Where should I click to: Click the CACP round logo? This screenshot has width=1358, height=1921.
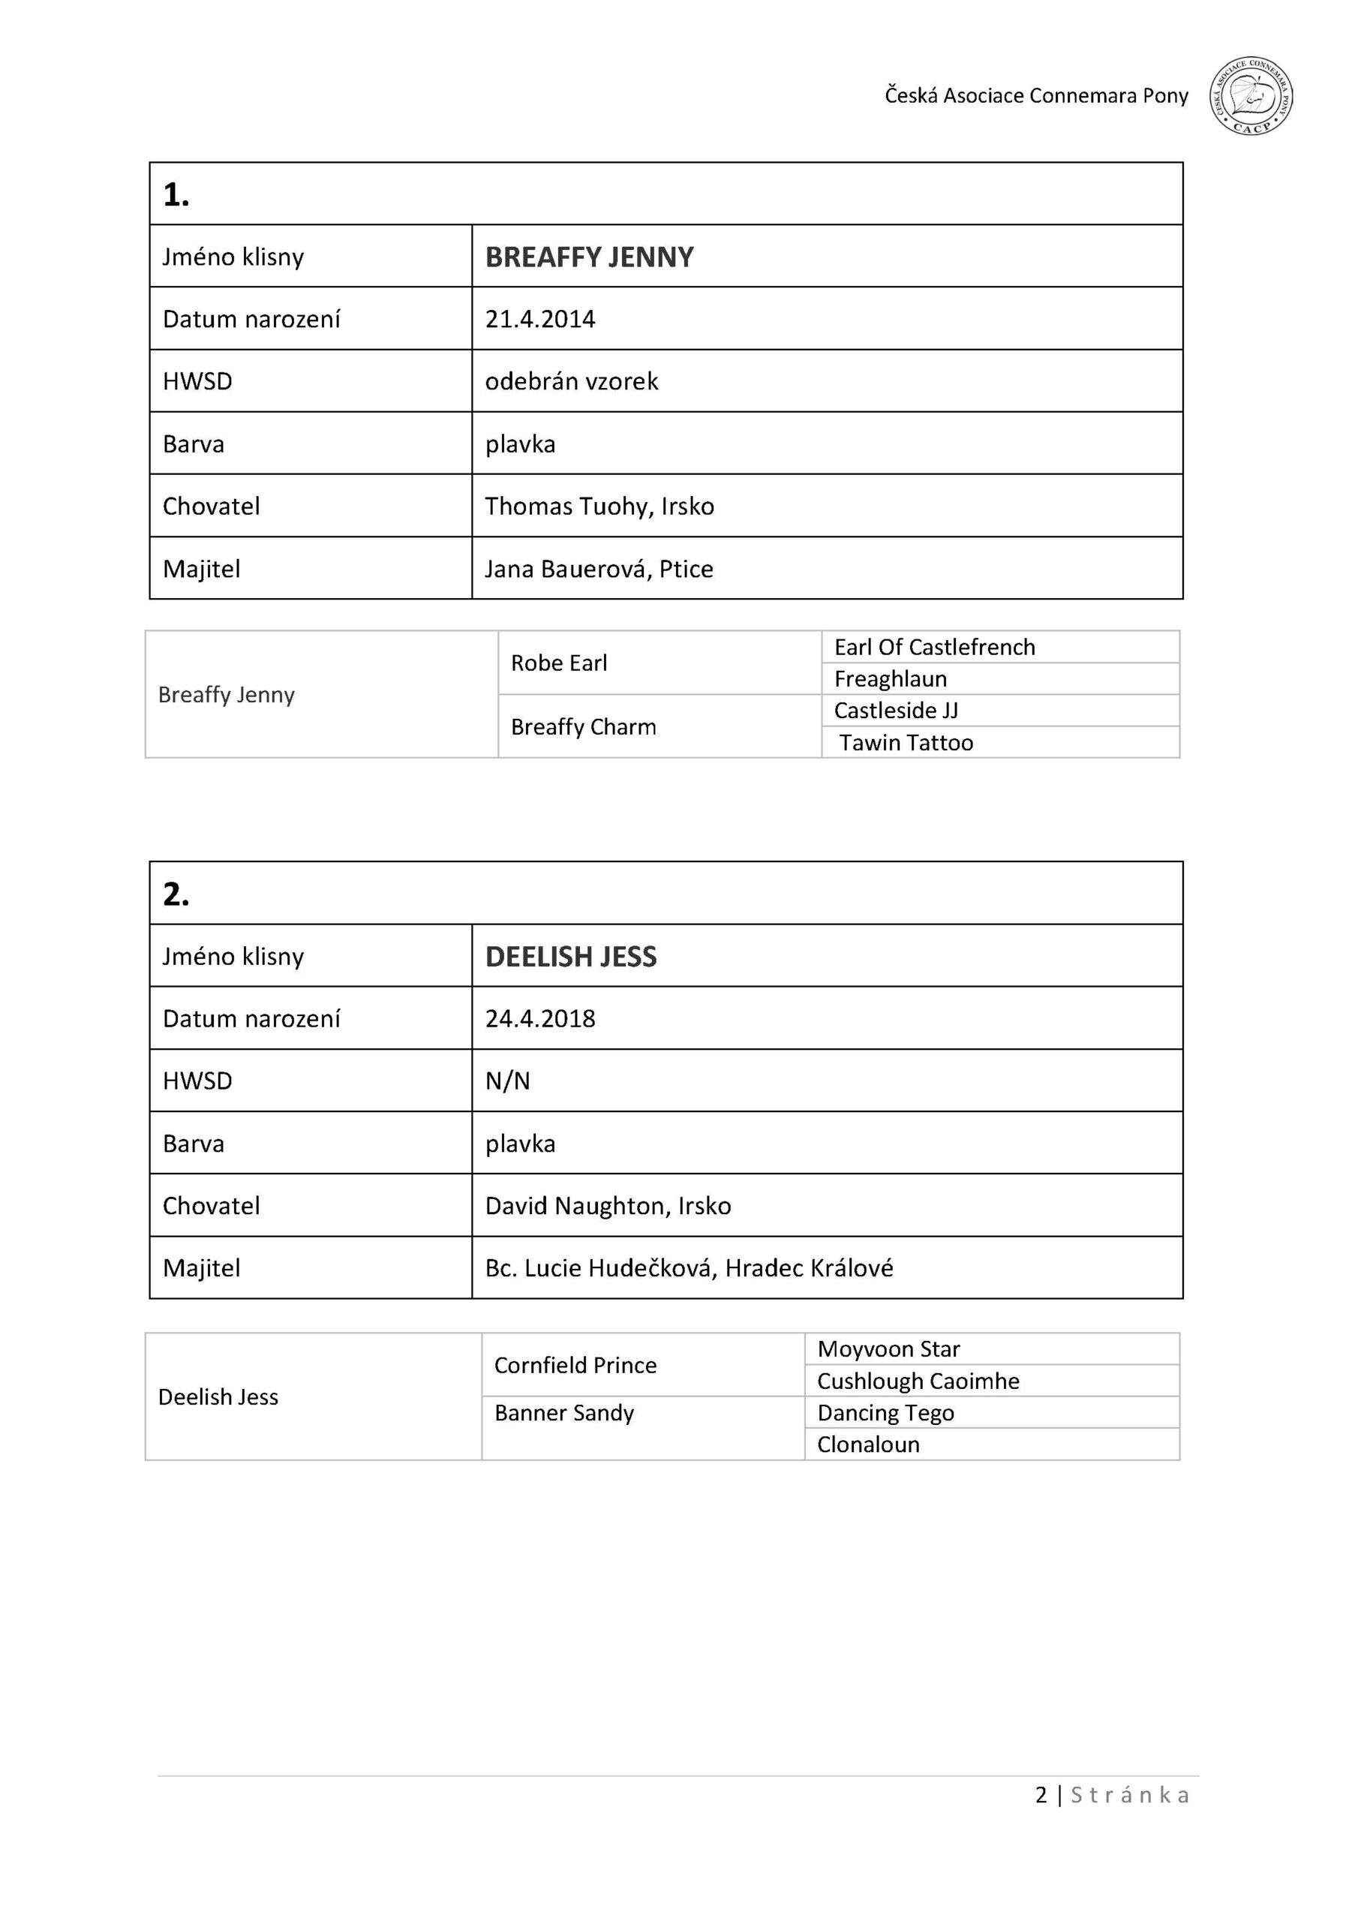[x=1250, y=97]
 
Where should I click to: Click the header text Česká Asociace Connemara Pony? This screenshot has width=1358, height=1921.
[x=1036, y=96]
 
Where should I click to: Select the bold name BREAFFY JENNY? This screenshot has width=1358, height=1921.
[x=589, y=257]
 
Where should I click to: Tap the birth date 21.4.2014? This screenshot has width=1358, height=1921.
[x=539, y=320]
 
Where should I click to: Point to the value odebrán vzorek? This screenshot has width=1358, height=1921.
[x=572, y=381]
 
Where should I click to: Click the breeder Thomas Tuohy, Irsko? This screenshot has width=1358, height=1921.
[x=599, y=507]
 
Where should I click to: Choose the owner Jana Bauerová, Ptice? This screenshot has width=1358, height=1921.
[x=599, y=569]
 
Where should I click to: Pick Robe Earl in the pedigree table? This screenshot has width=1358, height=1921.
[x=559, y=663]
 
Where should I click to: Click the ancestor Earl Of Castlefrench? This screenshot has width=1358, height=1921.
[x=934, y=647]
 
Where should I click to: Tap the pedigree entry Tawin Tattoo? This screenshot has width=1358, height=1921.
[x=906, y=743]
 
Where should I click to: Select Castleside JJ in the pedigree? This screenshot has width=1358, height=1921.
[x=895, y=711]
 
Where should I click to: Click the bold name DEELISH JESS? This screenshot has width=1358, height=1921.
[x=571, y=956]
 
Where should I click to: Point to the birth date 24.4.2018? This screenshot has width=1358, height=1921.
[x=539, y=1018]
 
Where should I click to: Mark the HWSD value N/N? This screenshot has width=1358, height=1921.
[x=507, y=1081]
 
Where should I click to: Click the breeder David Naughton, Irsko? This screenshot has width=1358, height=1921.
[x=608, y=1206]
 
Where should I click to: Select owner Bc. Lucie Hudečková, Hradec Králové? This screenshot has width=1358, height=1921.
[x=689, y=1268]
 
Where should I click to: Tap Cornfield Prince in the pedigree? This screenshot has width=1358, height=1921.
[x=575, y=1365]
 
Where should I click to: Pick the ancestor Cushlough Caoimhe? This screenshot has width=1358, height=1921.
[x=918, y=1381]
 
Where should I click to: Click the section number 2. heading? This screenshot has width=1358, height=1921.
[x=176, y=894]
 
